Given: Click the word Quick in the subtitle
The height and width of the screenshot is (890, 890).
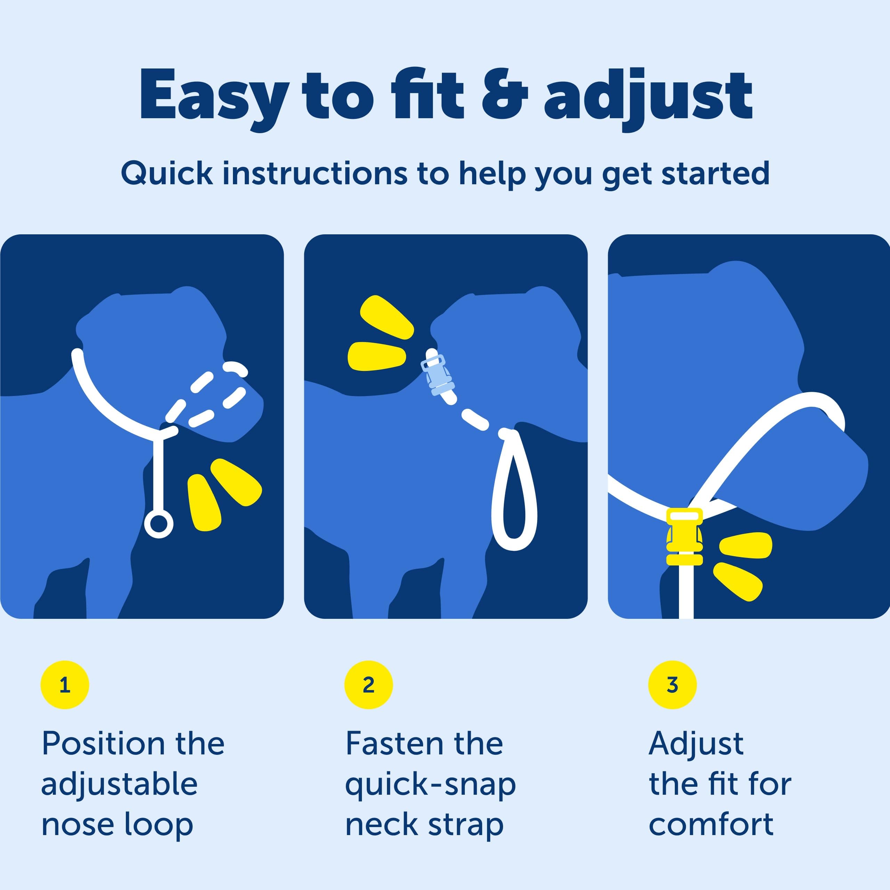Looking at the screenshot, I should coord(167,174).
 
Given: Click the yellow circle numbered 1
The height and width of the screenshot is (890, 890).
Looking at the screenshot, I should coord(65,685).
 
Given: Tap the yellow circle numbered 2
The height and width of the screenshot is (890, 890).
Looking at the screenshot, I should coord(369,685).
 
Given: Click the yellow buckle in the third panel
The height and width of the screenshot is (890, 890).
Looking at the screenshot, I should coord(685,537).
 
